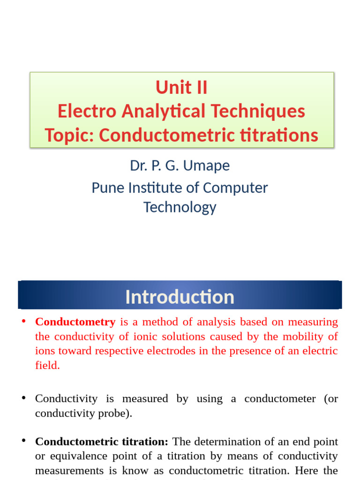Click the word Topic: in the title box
tap(69, 135)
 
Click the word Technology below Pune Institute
tap(180, 207)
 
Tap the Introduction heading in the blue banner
tap(180, 297)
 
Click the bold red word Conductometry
tap(75, 322)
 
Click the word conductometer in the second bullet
tap(277, 399)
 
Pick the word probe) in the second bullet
tap(115, 414)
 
